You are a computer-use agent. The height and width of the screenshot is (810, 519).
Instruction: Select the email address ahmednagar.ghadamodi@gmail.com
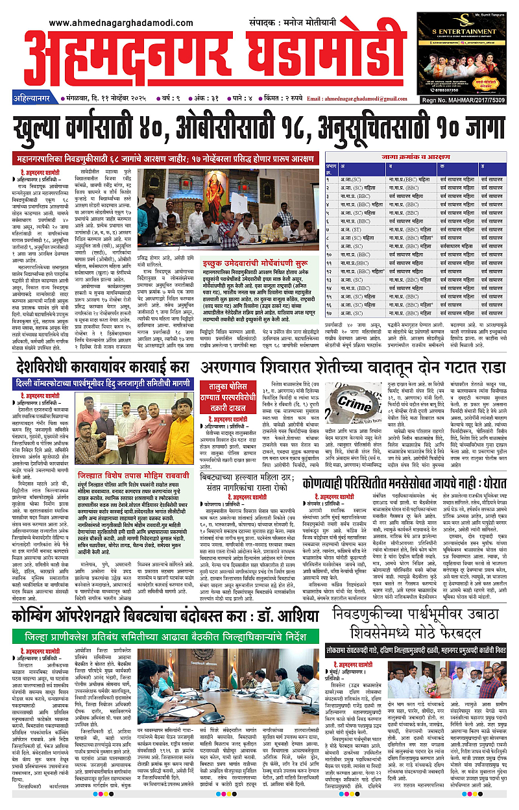361,99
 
